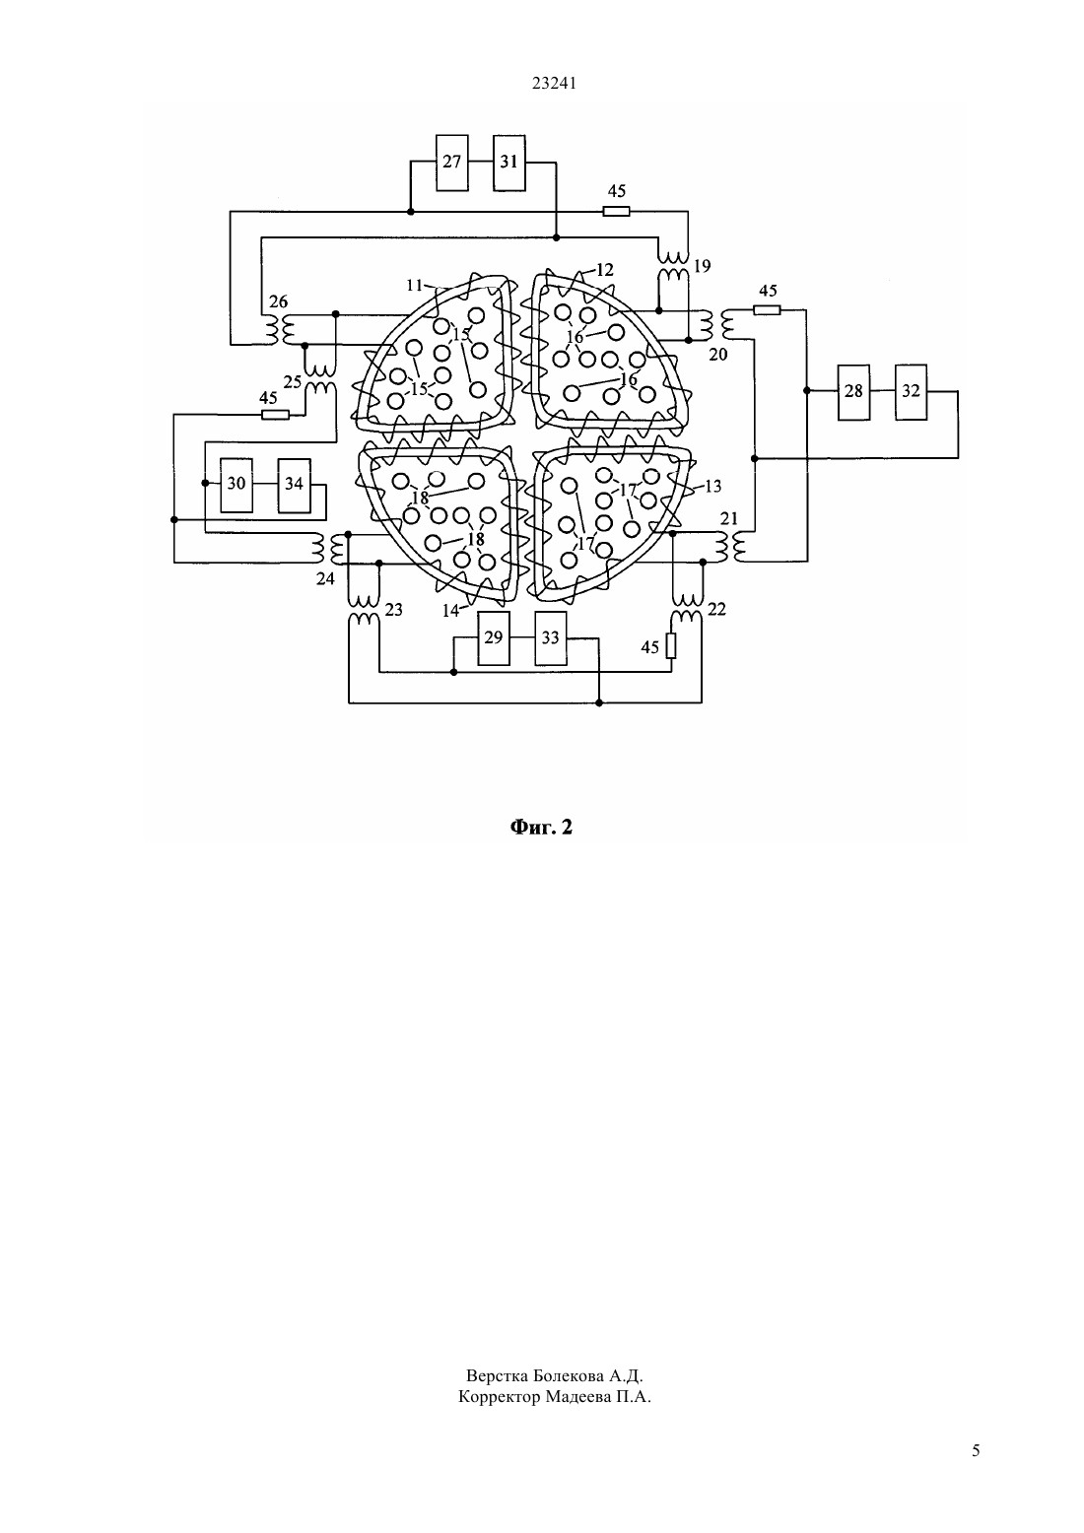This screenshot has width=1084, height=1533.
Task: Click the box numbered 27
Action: pos(452,163)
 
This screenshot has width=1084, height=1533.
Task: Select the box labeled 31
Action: pos(509,163)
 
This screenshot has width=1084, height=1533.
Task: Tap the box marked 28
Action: pos(854,392)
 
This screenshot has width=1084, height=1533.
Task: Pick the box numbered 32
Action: pos(911,392)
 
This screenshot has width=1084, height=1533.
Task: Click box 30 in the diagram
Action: pos(237,486)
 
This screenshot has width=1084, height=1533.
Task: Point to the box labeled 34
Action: pos(295,486)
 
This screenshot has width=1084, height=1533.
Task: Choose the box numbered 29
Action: pos(494,637)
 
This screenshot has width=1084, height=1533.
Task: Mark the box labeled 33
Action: pos(551,637)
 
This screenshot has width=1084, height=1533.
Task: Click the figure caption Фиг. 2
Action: pos(541,828)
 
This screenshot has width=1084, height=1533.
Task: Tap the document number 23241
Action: pos(554,84)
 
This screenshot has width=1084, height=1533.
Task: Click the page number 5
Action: pos(976,1450)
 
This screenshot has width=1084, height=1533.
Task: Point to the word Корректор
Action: pos(500,1397)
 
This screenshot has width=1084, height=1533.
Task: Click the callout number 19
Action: pos(702,266)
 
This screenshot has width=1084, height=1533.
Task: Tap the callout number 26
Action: pos(279,301)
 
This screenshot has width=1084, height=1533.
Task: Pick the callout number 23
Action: pos(394,609)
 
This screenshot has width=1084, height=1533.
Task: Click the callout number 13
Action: pos(713,486)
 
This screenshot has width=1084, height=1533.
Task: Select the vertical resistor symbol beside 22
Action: pos(671,646)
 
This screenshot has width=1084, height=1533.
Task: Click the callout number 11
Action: pos(415,285)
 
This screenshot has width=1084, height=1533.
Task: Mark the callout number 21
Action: pos(729,519)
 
